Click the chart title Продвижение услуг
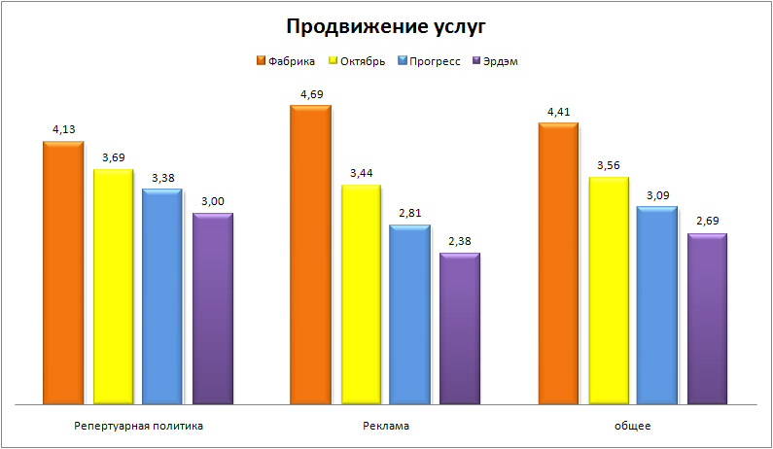[x=386, y=25]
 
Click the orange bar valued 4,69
[x=311, y=253]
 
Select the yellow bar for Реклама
[x=361, y=292]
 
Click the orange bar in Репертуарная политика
[x=63, y=272]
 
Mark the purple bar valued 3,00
[x=213, y=307]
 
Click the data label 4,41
[x=559, y=113]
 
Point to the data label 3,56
[x=608, y=166]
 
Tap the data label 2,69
[x=708, y=223]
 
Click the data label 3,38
[x=162, y=178]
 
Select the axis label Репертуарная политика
[x=138, y=426]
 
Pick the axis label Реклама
[x=386, y=426]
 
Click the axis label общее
[x=633, y=426]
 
